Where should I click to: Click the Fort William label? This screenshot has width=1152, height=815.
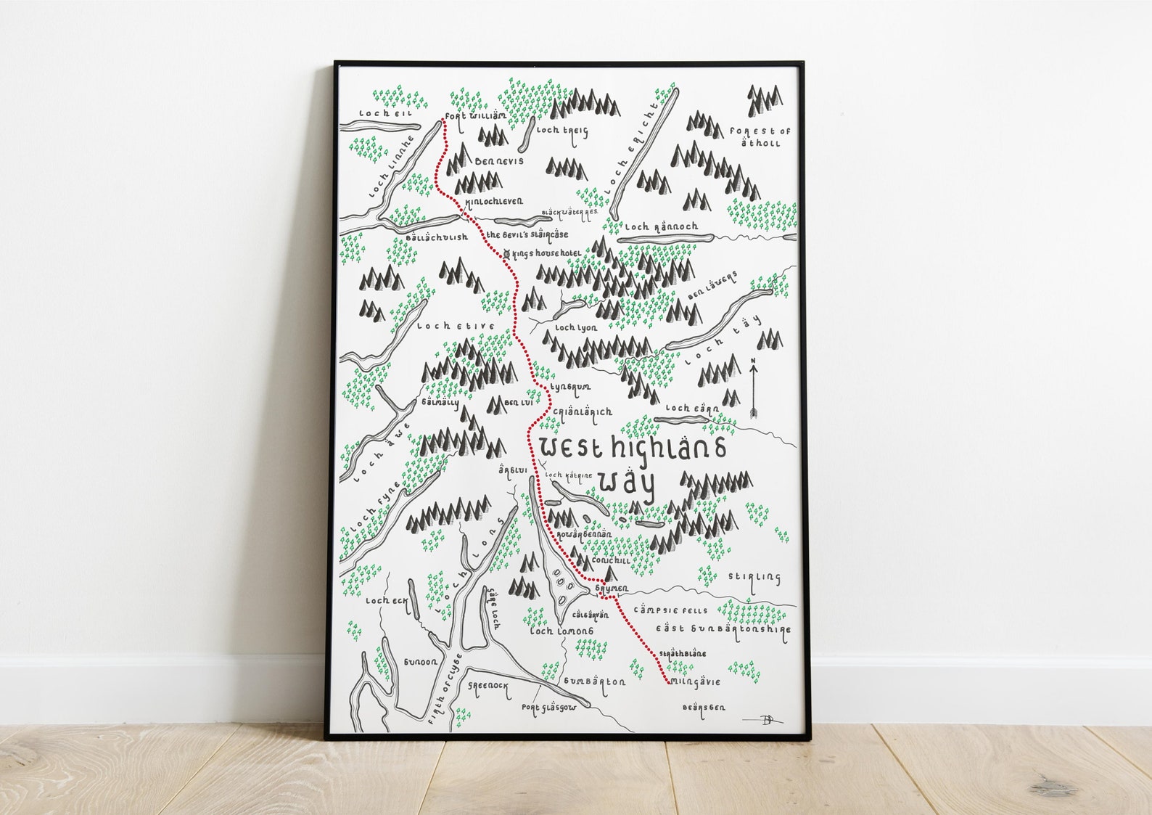pyautogui.click(x=474, y=117)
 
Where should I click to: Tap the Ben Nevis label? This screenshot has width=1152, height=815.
pyautogui.click(x=498, y=161)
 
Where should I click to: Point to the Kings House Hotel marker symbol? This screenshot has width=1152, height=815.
pyautogui.click(x=506, y=253)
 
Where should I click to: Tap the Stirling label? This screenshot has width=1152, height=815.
pyautogui.click(x=754, y=578)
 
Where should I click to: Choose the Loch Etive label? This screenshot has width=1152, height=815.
pyautogui.click(x=456, y=327)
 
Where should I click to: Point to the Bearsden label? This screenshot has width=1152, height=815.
pyautogui.click(x=704, y=707)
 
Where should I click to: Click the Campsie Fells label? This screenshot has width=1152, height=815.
pyautogui.click(x=670, y=610)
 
